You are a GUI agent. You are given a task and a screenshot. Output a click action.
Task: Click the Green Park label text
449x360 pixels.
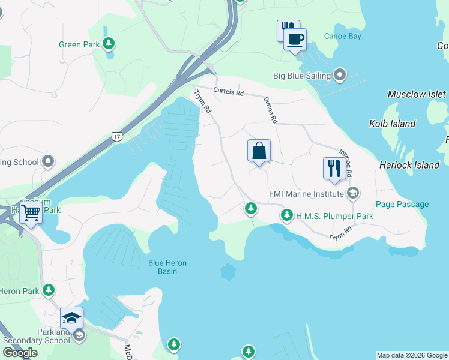[79, 44]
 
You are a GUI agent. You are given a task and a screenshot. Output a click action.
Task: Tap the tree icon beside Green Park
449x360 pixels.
[109, 43]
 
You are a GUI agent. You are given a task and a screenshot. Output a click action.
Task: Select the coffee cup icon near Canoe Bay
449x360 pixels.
[295, 40]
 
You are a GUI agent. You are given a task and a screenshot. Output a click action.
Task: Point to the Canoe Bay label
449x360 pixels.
[342, 37]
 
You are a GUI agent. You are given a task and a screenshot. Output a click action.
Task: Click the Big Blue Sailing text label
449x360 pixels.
[302, 76]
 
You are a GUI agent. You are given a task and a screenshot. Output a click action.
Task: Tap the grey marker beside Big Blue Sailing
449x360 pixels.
[340, 76]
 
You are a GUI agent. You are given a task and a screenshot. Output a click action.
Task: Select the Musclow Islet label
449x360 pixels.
[417, 94]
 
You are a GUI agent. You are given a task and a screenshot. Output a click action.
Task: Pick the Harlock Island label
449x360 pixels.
[409, 165]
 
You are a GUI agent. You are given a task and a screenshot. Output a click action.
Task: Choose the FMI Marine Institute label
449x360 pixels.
[306, 193]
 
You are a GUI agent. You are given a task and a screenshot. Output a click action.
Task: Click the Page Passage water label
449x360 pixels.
[402, 205]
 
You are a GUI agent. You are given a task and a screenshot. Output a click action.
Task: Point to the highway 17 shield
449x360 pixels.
[116, 137]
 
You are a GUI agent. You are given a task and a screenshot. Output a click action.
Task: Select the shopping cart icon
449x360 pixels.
[31, 212]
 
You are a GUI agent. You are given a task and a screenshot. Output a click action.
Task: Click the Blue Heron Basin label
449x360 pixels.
[167, 267]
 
